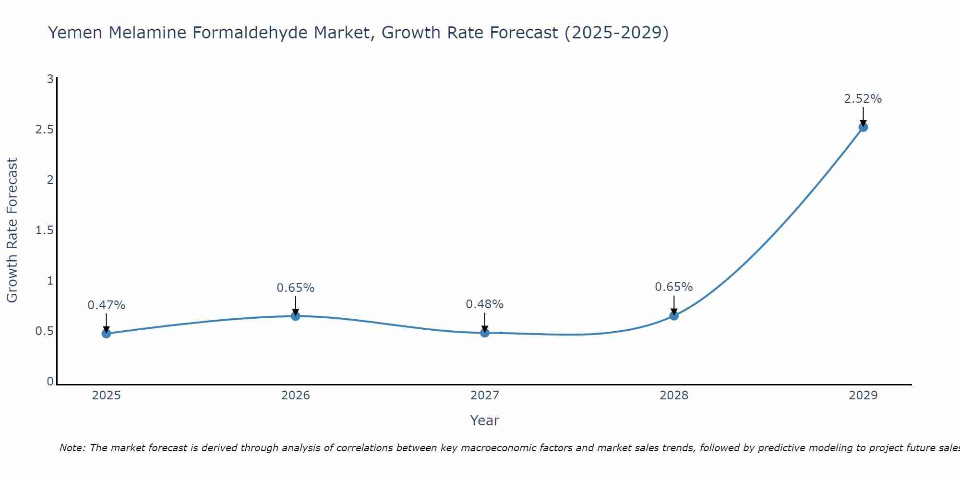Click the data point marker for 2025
coord(107,334)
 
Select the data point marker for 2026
coord(296,316)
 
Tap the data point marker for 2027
coord(485,333)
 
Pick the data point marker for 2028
coord(674,315)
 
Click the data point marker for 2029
coord(863,127)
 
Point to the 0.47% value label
coord(107,305)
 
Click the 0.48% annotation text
coord(485,304)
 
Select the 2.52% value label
coord(863,99)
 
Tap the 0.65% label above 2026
coord(296,288)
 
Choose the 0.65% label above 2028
coord(674,287)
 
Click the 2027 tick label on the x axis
coord(485,396)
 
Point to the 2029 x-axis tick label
coord(863,396)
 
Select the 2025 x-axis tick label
coord(107,396)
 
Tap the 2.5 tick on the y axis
coord(44,130)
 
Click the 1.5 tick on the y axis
coord(44,230)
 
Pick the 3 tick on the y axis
coord(50,79)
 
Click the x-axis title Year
coord(485,420)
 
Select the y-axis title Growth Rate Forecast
coord(12,230)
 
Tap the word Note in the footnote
coord(72,448)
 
